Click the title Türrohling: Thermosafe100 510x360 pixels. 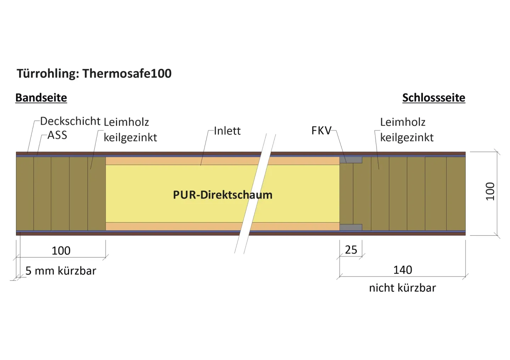pyautogui.click(x=94, y=73)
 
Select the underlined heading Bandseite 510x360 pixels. pyautogui.click(x=41, y=97)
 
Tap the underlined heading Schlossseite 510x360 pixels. pyautogui.click(x=433, y=97)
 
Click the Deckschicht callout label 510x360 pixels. pyautogui.click(x=70, y=121)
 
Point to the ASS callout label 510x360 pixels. pyautogui.click(x=57, y=135)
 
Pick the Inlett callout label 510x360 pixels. pyautogui.click(x=227, y=131)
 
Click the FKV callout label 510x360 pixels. pyautogui.click(x=321, y=130)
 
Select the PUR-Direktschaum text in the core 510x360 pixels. pyautogui.click(x=222, y=195)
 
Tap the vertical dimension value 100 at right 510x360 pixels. pyautogui.click(x=490, y=191)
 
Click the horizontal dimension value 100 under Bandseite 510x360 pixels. pyautogui.click(x=61, y=251)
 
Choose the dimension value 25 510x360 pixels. pyautogui.click(x=351, y=250)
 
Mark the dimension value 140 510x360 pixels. pyautogui.click(x=403, y=270)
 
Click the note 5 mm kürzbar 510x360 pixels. pyautogui.click(x=61, y=271)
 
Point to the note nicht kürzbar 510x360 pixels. pyautogui.click(x=402, y=288)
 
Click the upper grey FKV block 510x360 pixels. pyautogui.click(x=351, y=160)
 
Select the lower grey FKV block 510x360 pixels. pyautogui.click(x=351, y=227)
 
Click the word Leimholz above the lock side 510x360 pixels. pyautogui.click(x=403, y=122)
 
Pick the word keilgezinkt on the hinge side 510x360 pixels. pyautogui.click(x=130, y=137)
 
